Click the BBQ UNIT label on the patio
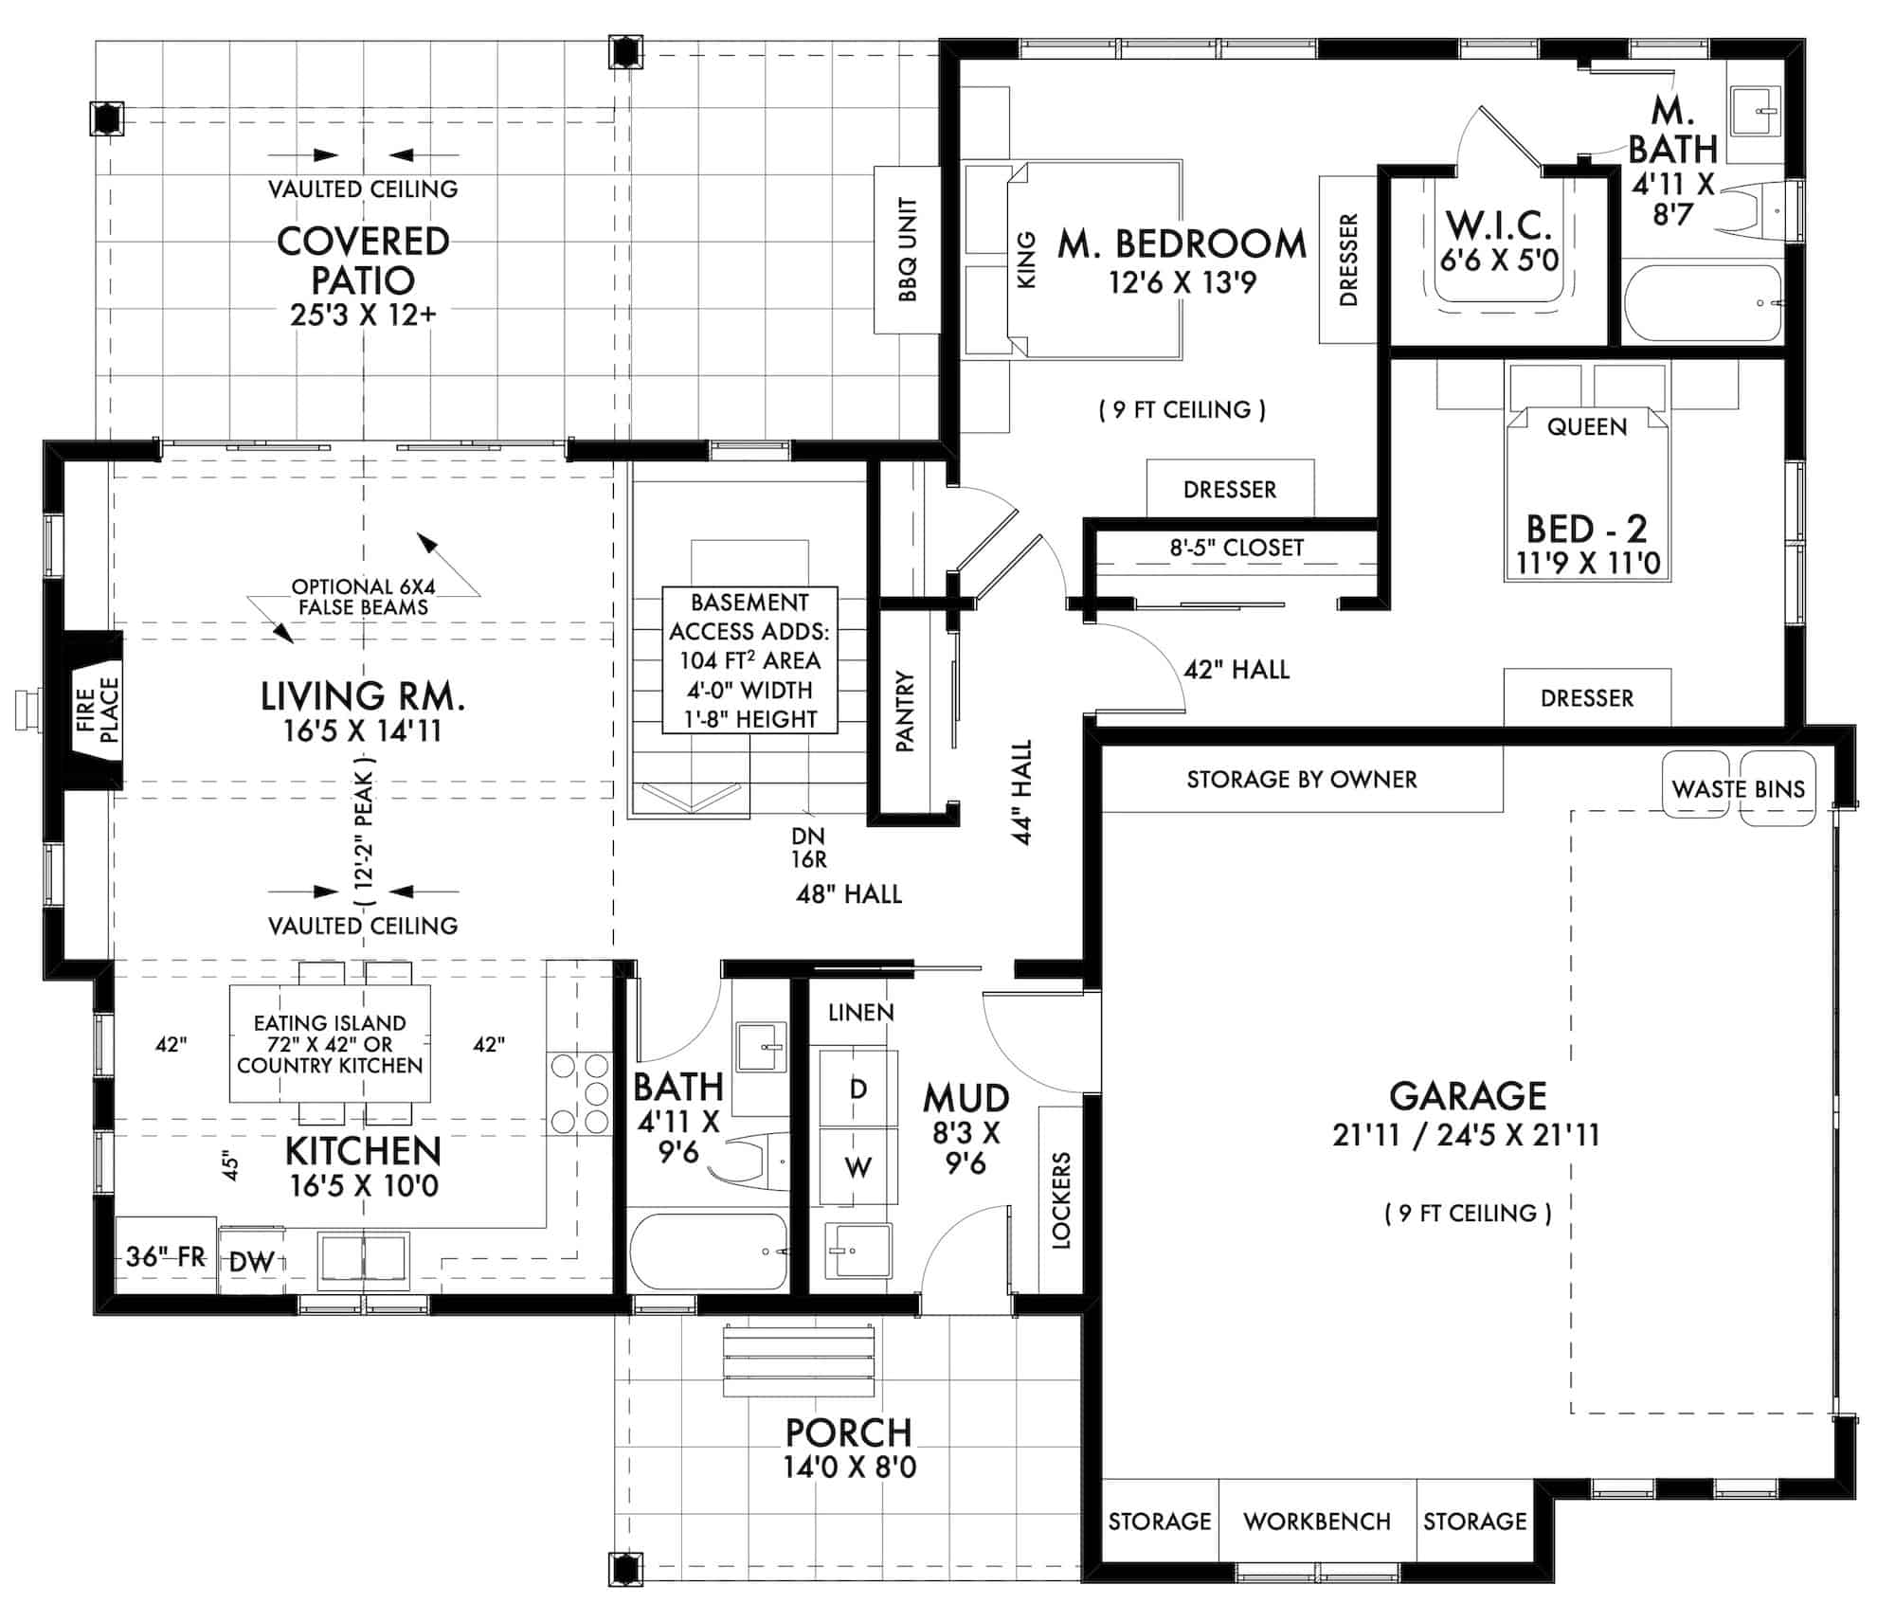(908, 250)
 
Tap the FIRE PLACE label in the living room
(98, 711)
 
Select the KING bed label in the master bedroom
(1026, 259)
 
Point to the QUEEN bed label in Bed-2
(1586, 426)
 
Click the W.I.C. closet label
(1498, 226)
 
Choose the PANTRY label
(906, 711)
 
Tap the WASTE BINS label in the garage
(1738, 789)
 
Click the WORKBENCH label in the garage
(1316, 1522)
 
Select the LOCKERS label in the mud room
(1060, 1200)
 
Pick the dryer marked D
(857, 1089)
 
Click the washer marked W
(857, 1167)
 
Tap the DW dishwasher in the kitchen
(252, 1261)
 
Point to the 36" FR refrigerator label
(166, 1256)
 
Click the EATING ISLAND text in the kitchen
(330, 1023)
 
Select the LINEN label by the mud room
(860, 1013)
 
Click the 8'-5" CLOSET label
(1236, 548)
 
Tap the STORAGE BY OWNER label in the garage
(1301, 780)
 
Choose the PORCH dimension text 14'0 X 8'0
(849, 1468)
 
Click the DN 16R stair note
(808, 847)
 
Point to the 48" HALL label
(848, 893)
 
